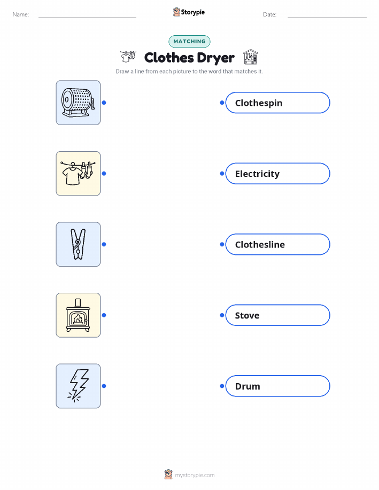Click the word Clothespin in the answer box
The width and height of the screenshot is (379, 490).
(x=259, y=103)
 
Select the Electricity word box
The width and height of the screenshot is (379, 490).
(x=277, y=174)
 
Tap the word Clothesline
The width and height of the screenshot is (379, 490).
(x=260, y=244)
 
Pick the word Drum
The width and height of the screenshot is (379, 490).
(x=247, y=386)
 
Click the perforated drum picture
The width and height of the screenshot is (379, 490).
(x=78, y=103)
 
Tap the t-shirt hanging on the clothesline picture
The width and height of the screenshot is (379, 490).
(x=72, y=175)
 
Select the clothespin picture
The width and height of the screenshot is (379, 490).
(x=78, y=244)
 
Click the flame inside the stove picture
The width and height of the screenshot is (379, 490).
(x=78, y=319)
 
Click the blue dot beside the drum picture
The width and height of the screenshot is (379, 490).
(x=104, y=103)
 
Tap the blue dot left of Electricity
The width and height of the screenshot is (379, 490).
(x=222, y=174)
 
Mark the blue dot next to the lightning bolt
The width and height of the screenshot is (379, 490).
(x=104, y=386)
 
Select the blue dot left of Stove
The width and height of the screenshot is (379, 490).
(x=222, y=315)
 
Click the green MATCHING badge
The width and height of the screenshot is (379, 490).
(x=189, y=41)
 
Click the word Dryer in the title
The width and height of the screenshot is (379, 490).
(x=216, y=58)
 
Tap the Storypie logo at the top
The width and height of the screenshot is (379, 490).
(x=189, y=12)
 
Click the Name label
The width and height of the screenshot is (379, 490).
(x=21, y=14)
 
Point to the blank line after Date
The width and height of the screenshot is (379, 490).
(x=327, y=18)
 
